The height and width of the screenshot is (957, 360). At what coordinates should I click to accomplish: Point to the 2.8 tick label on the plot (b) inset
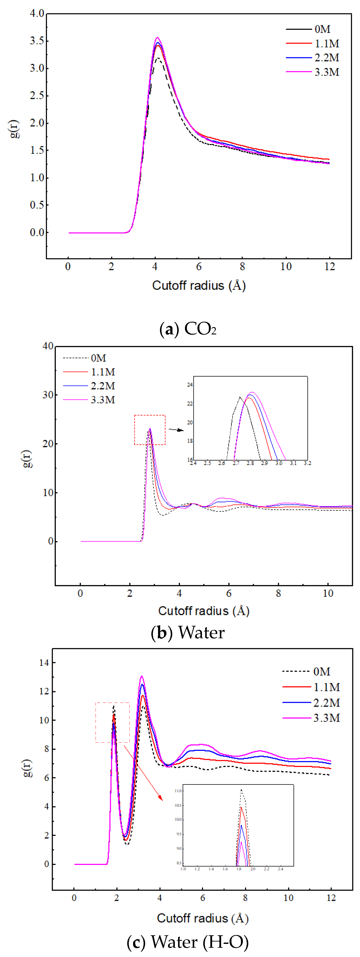pos(250,463)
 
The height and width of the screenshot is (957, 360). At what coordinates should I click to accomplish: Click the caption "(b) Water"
pos(188,632)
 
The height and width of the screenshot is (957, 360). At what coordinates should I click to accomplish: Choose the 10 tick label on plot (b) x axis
pos(328,593)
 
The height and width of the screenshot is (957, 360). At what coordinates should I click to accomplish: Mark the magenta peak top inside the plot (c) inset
pos(241,842)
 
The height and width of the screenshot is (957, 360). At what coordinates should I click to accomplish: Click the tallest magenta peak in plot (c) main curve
pos(141,676)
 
